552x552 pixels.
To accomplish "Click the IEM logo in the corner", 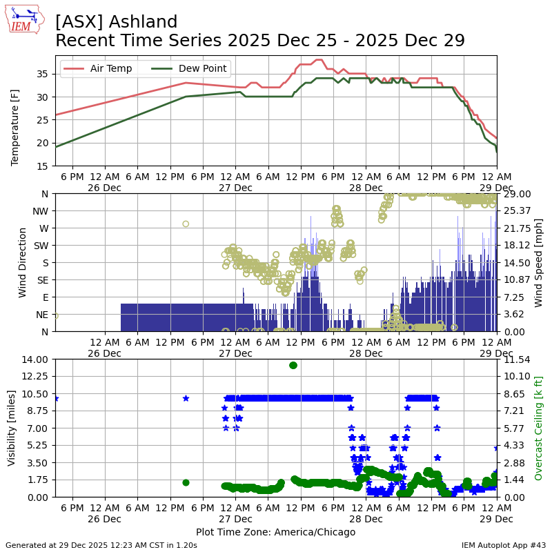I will [x=26, y=20].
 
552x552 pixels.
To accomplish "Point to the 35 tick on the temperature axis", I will [x=43, y=74].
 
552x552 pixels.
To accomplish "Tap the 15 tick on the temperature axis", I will [x=43, y=166].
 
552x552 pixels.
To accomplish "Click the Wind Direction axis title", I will [x=23, y=263].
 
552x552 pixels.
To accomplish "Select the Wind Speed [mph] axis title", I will [x=539, y=263].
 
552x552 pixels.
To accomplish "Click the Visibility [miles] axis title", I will [x=12, y=428].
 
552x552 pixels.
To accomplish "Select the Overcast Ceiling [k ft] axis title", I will [x=539, y=428].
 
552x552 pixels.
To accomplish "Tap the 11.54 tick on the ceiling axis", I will [x=513, y=359].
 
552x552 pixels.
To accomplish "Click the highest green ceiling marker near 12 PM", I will [x=293, y=365].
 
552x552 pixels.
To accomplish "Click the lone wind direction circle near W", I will [x=186, y=224].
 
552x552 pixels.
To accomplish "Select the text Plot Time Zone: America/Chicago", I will [x=275, y=532].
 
